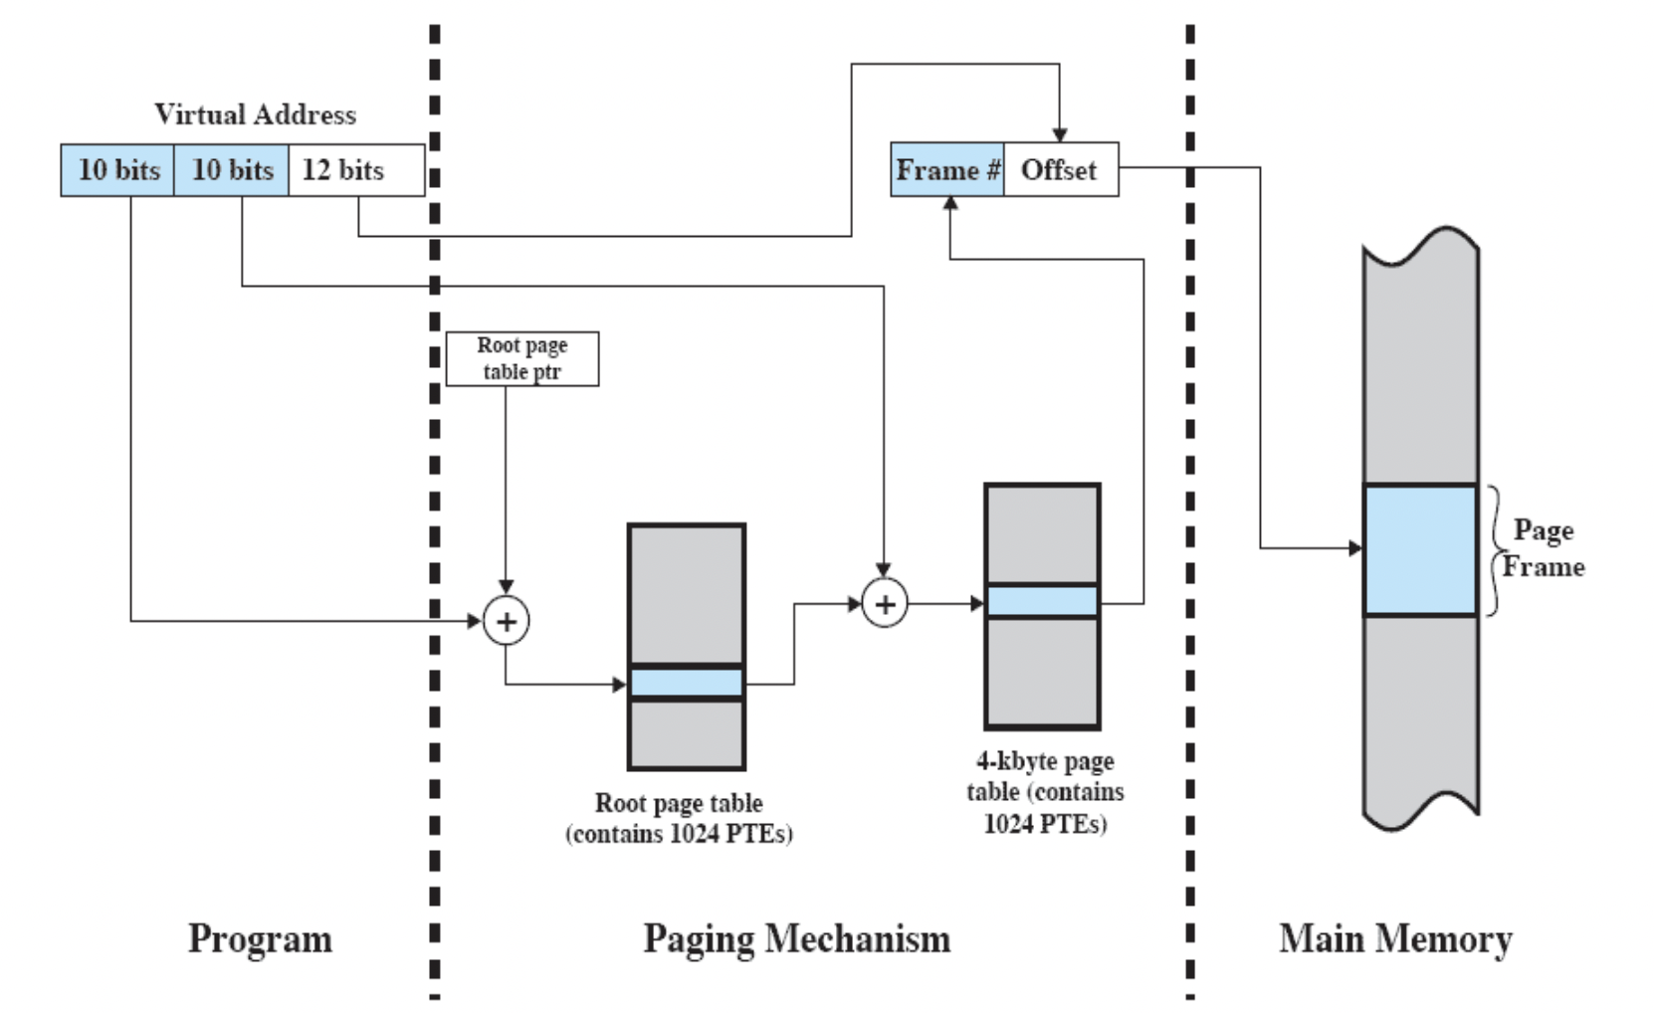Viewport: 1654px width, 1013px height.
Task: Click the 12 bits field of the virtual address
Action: [x=356, y=170]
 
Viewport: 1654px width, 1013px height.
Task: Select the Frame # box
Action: [x=947, y=169]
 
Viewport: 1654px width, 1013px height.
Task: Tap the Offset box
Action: [x=1061, y=169]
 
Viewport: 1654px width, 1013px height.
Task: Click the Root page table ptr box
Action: [x=522, y=359]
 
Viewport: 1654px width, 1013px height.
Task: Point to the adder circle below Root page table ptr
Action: [x=506, y=620]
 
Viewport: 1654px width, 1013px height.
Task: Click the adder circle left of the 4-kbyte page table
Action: [x=885, y=604]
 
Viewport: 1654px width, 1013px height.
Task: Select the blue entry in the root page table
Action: [x=686, y=683]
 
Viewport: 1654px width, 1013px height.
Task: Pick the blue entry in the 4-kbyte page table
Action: [x=1042, y=601]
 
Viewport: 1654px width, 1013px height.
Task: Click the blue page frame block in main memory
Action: [x=1420, y=549]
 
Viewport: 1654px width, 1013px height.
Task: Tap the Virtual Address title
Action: [x=256, y=114]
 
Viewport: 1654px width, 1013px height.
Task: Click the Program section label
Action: [x=260, y=939]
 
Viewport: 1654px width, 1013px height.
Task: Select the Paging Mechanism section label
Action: [x=797, y=939]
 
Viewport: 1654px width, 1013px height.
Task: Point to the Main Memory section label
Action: [x=1395, y=939]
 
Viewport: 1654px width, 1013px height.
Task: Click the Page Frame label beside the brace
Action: [x=1544, y=548]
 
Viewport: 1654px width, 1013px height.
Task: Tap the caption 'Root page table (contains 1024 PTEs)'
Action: [x=680, y=818]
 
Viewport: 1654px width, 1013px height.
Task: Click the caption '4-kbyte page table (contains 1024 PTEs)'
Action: [x=1045, y=792]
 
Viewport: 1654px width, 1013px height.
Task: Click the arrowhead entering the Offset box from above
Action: [x=1060, y=136]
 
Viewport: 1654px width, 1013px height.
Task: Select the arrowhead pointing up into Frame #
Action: [x=950, y=203]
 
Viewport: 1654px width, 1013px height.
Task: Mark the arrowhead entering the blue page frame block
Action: [x=1355, y=548]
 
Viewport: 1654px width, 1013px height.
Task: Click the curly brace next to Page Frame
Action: [x=1495, y=550]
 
